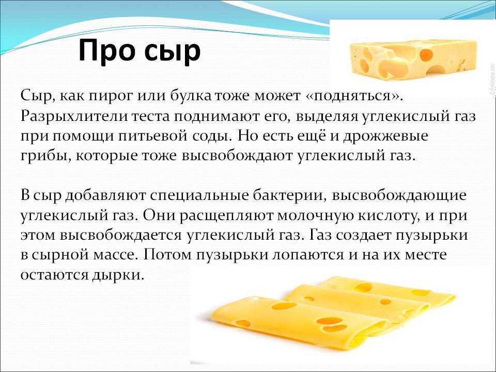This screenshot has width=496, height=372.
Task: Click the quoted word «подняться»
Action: tap(355, 96)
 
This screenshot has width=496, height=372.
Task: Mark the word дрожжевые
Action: tap(385, 136)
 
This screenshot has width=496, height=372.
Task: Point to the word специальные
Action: tap(199, 195)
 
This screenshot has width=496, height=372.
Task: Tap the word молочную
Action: tap(316, 216)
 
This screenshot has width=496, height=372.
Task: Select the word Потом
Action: tap(167, 255)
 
